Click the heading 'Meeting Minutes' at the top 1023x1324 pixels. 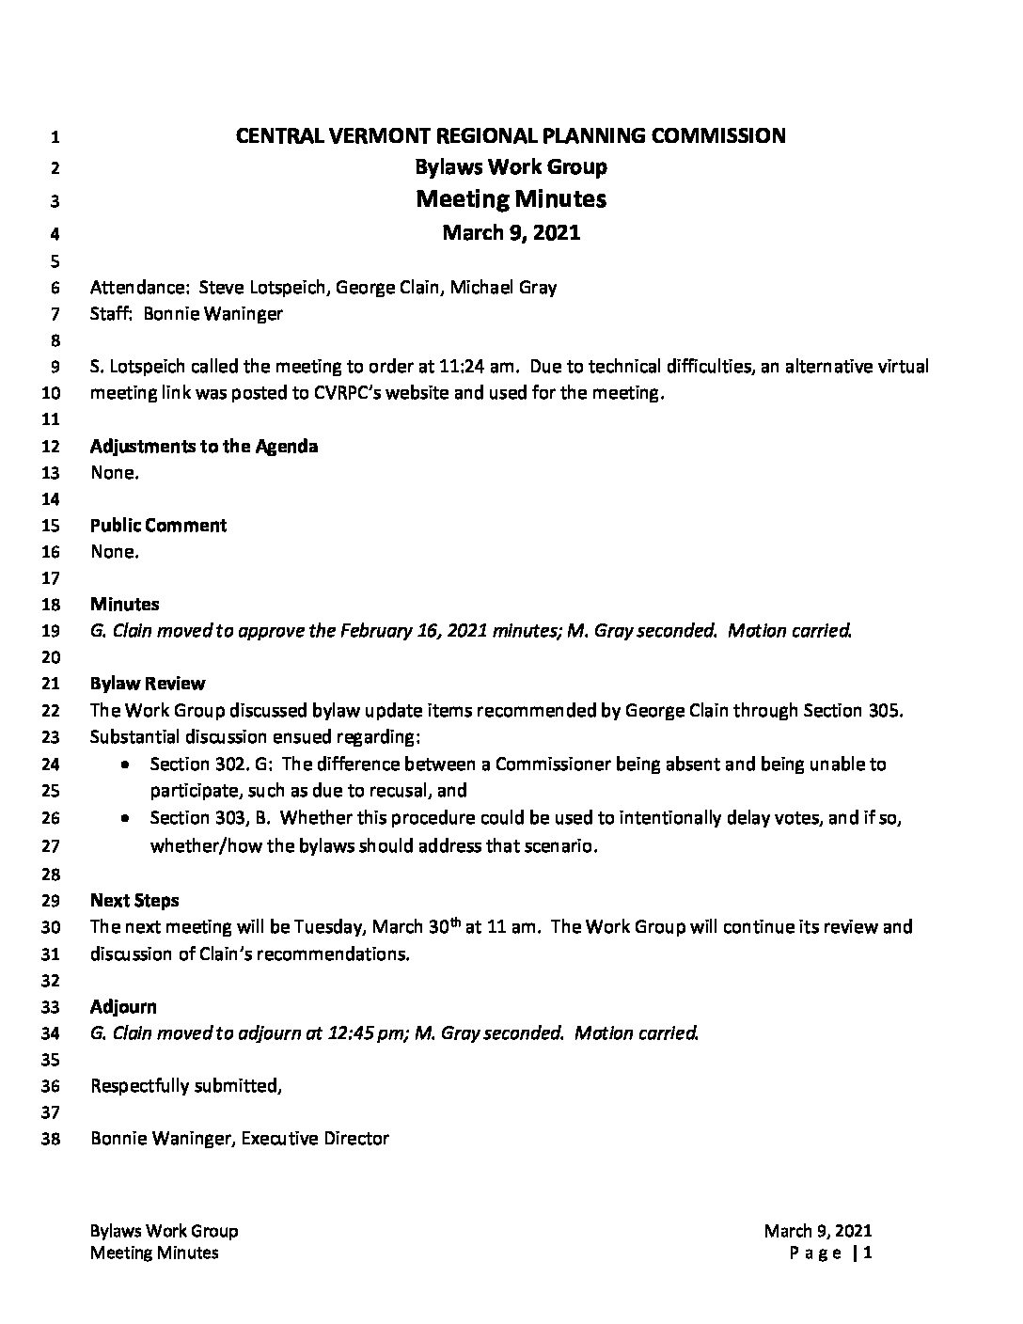(x=511, y=199)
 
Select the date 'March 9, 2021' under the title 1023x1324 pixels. (x=511, y=232)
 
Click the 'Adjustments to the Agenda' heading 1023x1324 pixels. (x=204, y=447)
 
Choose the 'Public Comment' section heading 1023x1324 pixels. (x=158, y=526)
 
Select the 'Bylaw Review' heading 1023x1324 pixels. (x=148, y=684)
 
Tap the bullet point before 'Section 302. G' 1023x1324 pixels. (x=125, y=765)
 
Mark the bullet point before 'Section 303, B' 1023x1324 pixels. (x=125, y=819)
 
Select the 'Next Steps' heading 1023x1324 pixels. (x=134, y=901)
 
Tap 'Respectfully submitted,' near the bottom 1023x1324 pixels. (x=186, y=1086)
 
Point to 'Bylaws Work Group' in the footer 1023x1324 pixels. (x=164, y=1231)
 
